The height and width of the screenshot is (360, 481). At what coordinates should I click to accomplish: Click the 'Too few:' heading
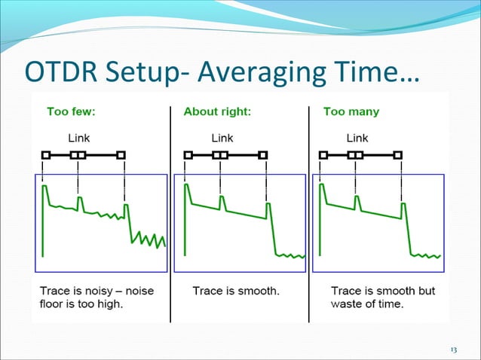(71, 112)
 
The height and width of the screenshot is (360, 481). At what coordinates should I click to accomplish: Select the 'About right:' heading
(217, 112)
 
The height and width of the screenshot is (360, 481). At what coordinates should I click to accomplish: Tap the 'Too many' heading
(351, 112)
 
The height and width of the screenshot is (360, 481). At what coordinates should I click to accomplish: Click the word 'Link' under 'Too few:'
(79, 138)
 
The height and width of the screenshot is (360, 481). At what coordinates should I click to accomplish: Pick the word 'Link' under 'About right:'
(222, 138)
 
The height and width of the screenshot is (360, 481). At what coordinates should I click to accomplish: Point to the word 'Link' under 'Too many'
(357, 138)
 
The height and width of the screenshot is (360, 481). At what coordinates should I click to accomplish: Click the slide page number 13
(453, 349)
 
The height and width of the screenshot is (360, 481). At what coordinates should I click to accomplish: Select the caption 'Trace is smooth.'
(236, 291)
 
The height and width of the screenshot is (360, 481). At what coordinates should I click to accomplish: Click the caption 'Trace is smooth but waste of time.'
(383, 297)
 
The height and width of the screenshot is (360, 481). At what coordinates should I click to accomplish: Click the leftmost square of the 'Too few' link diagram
(45, 155)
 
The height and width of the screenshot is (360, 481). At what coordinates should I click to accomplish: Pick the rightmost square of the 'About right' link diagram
(262, 155)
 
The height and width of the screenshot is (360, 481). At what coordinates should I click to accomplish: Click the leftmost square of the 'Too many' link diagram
(323, 155)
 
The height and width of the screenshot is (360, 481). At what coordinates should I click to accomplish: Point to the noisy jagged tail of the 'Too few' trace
(149, 239)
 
